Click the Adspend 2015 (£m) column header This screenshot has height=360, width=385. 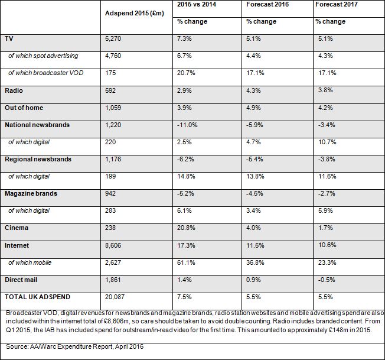(x=134, y=13)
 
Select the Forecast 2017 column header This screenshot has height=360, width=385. (x=337, y=4)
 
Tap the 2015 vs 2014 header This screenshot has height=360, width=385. (x=197, y=4)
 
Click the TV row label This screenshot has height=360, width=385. (x=9, y=38)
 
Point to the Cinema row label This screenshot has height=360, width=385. (x=17, y=228)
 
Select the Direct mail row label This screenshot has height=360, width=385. (x=21, y=280)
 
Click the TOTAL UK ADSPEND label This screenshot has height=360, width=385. (x=38, y=297)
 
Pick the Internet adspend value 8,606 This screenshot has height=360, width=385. (x=113, y=245)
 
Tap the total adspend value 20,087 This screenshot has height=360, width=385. (x=115, y=297)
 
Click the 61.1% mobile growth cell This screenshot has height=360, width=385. (x=186, y=262)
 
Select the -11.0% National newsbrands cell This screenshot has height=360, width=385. (x=187, y=125)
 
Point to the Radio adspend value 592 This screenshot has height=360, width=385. (x=110, y=90)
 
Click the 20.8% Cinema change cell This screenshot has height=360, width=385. (x=186, y=228)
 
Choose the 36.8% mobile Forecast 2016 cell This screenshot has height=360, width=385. (x=255, y=262)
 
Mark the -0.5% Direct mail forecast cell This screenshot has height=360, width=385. (x=327, y=280)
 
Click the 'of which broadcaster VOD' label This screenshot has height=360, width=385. (x=46, y=73)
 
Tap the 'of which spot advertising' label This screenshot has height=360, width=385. (x=43, y=56)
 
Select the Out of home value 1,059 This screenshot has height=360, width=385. (x=113, y=108)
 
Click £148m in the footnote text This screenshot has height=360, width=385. (x=338, y=330)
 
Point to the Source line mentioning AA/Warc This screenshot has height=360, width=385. (x=74, y=347)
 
